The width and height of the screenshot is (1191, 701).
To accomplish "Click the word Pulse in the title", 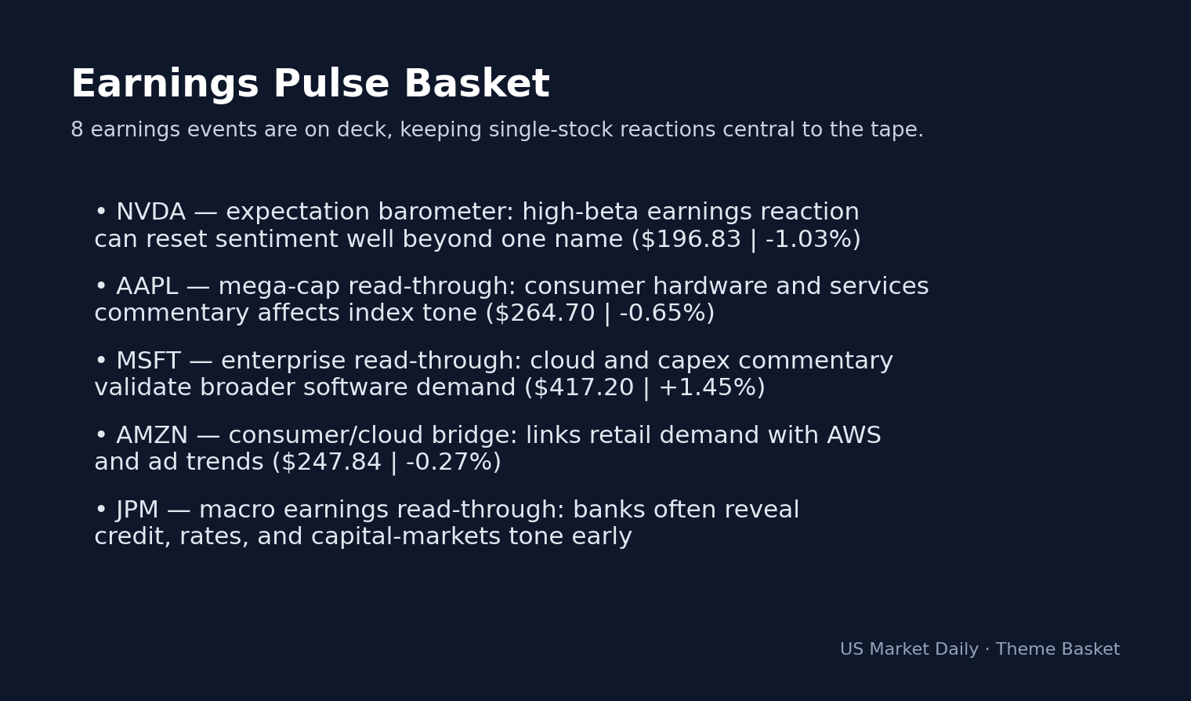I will tap(331, 85).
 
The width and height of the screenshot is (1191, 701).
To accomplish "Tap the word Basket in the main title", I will tap(476, 85).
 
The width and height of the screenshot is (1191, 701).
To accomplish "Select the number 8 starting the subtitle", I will tap(77, 130).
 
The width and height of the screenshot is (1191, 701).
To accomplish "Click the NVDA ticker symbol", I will tap(150, 212).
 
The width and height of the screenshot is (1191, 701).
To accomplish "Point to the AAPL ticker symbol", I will tap(147, 287).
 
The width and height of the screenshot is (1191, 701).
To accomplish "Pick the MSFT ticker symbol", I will tap(148, 361).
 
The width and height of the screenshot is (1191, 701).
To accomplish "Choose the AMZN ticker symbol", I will tap(152, 436).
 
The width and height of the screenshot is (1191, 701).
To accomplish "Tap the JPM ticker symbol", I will tap(137, 510).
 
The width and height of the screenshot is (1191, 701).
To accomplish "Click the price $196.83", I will tap(690, 240).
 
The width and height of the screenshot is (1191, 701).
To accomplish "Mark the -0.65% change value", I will tap(662, 314).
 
